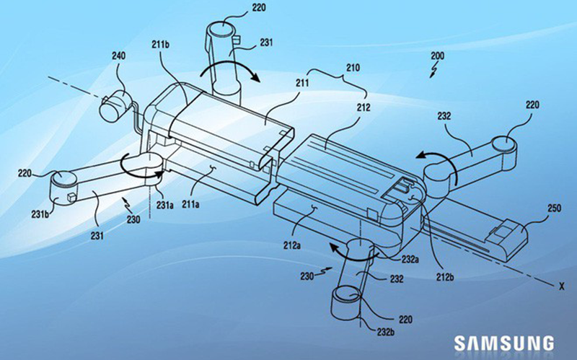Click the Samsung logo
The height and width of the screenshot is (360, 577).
pyautogui.click(x=503, y=343)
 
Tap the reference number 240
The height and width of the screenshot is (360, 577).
pyautogui.click(x=118, y=56)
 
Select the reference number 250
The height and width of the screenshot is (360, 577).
pyautogui.click(x=554, y=208)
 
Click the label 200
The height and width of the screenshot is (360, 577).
pyautogui.click(x=438, y=56)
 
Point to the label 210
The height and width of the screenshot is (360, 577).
pyautogui.click(x=353, y=68)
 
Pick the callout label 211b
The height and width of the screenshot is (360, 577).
pyautogui.click(x=160, y=45)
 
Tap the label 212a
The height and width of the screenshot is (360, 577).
pyautogui.click(x=292, y=245)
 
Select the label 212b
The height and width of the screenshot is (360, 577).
pyautogui.click(x=444, y=277)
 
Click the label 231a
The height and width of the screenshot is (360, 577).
pyautogui.click(x=164, y=206)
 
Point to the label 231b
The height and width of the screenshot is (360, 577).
pyautogui.click(x=40, y=214)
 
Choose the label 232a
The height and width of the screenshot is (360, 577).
pyautogui.click(x=410, y=259)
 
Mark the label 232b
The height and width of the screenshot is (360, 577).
pyautogui.click(x=386, y=332)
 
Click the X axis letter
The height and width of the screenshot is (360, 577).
pyautogui.click(x=561, y=286)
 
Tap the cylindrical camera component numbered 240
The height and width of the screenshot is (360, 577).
pyautogui.click(x=115, y=105)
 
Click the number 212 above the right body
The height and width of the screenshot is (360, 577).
pyautogui.click(x=364, y=107)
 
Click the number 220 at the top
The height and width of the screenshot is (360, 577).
pyautogui.click(x=259, y=7)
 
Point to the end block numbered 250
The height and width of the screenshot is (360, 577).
pyautogui.click(x=507, y=240)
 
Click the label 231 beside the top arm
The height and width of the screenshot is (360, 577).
pyautogui.click(x=266, y=43)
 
